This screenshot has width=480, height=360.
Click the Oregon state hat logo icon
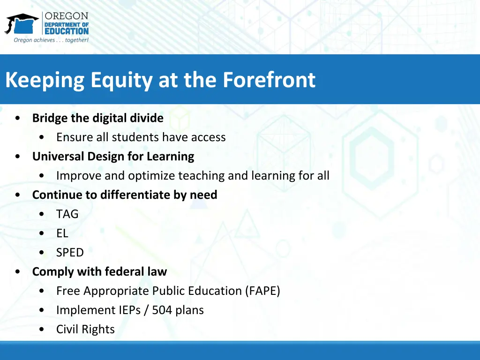(22, 23)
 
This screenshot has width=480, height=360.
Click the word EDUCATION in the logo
(67, 31)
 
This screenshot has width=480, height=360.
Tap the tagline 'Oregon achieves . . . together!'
(51, 40)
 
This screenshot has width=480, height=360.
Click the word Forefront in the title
(269, 80)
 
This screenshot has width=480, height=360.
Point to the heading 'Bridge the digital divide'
(97, 118)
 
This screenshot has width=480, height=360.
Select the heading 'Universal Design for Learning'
(113, 157)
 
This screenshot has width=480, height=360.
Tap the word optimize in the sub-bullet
(150, 176)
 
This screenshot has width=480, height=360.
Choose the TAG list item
(67, 214)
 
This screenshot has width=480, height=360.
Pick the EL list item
(62, 233)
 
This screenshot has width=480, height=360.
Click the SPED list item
(70, 253)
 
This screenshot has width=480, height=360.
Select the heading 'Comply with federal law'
(99, 272)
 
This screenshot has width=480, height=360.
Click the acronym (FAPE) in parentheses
(262, 291)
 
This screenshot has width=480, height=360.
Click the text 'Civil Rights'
(85, 330)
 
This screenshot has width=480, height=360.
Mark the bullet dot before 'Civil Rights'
(43, 330)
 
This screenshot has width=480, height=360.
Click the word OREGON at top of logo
(67, 16)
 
